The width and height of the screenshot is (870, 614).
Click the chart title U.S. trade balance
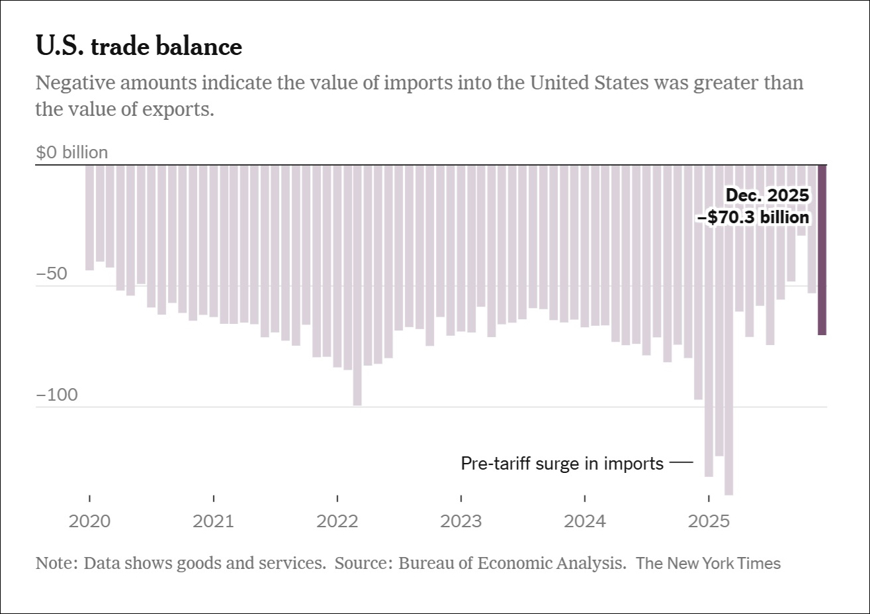[x=139, y=46]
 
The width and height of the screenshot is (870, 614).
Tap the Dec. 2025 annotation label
[x=767, y=195]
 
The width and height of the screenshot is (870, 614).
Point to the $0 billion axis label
[x=71, y=152]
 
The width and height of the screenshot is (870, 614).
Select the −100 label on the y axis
[x=57, y=395]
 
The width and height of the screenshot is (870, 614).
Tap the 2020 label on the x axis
[x=89, y=521]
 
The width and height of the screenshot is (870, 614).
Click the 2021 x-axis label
[x=213, y=521]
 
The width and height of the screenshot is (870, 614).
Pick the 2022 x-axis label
[x=337, y=521]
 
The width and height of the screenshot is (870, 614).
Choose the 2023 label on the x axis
[x=461, y=521]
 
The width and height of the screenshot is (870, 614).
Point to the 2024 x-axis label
[x=585, y=521]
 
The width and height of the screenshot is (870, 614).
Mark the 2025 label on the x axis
[x=709, y=521]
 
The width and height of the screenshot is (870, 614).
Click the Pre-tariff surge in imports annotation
[x=562, y=464]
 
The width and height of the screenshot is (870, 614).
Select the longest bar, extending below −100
[x=729, y=331]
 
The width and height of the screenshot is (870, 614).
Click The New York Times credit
[x=708, y=564]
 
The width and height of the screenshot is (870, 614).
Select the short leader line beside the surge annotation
[x=681, y=462]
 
